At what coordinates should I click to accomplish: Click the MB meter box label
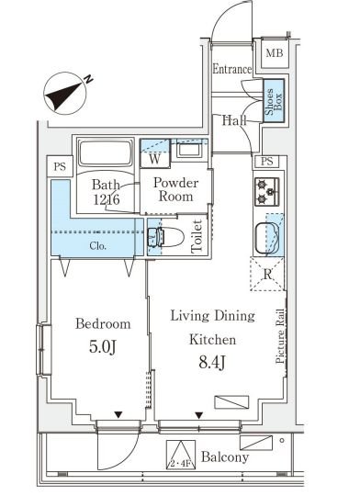tap(275, 53)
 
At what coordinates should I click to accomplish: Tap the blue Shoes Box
tap(274, 100)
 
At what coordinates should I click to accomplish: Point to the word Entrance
tap(231, 69)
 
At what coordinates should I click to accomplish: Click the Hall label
tap(234, 120)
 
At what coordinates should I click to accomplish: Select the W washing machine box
tap(154, 159)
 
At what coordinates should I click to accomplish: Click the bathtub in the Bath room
tap(106, 153)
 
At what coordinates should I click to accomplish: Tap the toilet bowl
tap(165, 237)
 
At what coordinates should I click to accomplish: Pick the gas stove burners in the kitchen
tap(267, 192)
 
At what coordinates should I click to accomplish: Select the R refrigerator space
tap(267, 274)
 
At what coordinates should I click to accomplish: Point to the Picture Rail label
tap(280, 335)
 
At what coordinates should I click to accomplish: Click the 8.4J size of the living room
tap(212, 362)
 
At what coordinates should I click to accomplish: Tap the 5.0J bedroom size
tap(103, 346)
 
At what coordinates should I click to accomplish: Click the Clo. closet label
tap(97, 246)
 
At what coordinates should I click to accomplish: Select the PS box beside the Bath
tap(60, 166)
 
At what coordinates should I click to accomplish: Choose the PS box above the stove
tap(266, 162)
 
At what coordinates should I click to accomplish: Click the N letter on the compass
tap(89, 79)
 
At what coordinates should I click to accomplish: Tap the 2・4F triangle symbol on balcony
tap(181, 455)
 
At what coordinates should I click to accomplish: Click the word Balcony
tap(225, 457)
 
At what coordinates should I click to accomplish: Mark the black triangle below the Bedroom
tap(118, 414)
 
